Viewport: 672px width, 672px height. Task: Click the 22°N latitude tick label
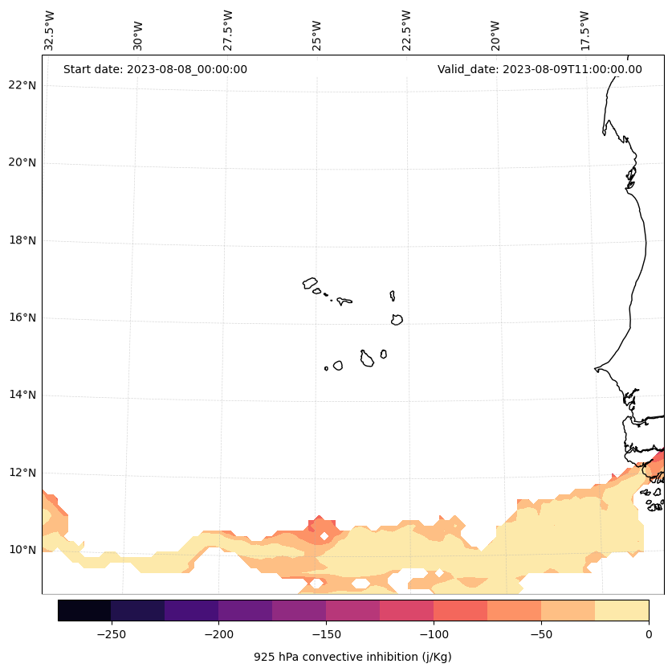22,85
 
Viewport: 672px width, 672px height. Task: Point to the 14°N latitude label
22,395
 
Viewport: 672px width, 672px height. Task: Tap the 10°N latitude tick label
22,551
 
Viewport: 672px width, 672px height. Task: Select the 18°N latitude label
22,240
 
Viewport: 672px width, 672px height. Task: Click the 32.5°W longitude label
50,31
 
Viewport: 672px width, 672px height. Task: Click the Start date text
155,69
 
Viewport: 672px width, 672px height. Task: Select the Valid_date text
540,69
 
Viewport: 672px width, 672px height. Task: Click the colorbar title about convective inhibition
352,657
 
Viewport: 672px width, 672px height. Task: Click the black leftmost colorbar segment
84,610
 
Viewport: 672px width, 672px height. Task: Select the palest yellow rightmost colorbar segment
621,610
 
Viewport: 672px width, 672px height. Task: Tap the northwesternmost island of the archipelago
310,283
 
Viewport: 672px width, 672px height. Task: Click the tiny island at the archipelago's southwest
326,368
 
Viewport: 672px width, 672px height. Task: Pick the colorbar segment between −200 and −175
245,610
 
